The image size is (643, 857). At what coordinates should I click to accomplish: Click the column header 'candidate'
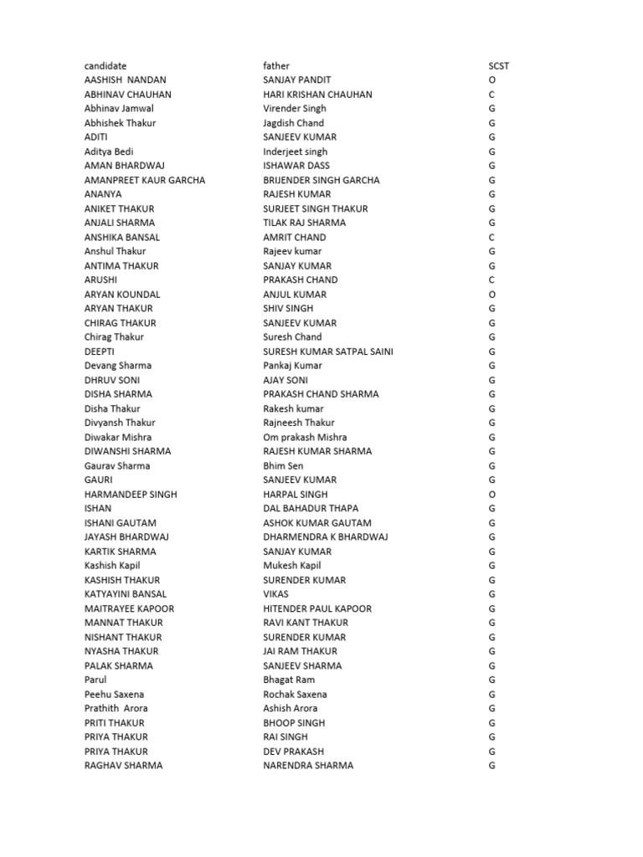(x=105, y=66)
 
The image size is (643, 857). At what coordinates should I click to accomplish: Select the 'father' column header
(x=276, y=66)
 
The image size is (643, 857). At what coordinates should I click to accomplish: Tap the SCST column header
(x=498, y=66)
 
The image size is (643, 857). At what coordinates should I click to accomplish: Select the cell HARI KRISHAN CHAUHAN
(x=317, y=95)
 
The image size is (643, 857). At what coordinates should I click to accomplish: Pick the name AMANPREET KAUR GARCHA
(x=145, y=180)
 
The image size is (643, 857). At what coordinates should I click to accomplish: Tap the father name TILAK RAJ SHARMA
(x=304, y=223)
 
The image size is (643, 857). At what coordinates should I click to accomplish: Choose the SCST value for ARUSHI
(x=492, y=280)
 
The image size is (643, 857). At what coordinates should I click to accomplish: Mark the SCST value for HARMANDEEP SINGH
(x=492, y=495)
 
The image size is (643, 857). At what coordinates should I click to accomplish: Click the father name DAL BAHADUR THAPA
(x=311, y=509)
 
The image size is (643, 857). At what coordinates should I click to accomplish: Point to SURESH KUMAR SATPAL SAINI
(x=328, y=352)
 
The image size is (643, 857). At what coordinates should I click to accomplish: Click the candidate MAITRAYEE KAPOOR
(x=129, y=608)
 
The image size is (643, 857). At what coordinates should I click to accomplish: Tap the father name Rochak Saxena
(x=295, y=695)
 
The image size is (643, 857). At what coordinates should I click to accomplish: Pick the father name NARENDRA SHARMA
(x=308, y=766)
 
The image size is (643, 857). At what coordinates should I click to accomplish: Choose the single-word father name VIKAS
(x=276, y=594)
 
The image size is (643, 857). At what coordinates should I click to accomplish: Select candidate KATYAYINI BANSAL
(x=126, y=594)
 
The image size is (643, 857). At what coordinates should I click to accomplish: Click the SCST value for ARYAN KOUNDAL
(x=492, y=295)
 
